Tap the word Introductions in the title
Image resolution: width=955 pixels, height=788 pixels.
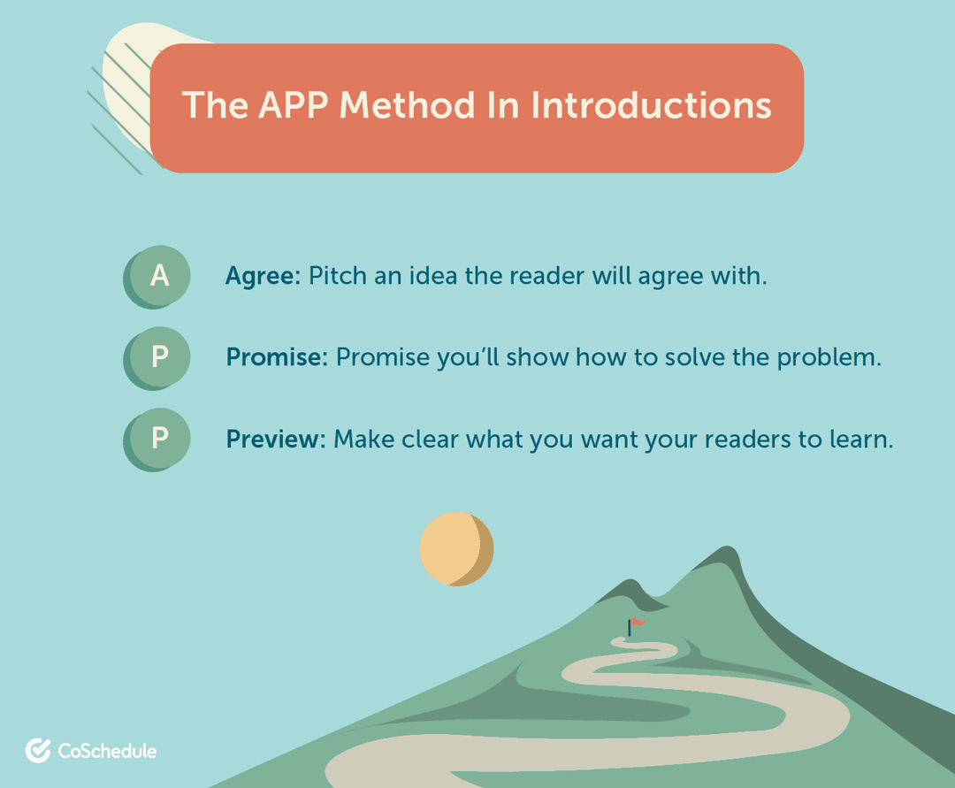651,105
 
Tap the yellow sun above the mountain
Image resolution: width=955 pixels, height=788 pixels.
455,549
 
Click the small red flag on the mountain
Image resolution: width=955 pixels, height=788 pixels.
636,624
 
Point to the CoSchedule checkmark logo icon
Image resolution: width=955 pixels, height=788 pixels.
38,751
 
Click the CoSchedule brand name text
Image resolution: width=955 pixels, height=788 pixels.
107,752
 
